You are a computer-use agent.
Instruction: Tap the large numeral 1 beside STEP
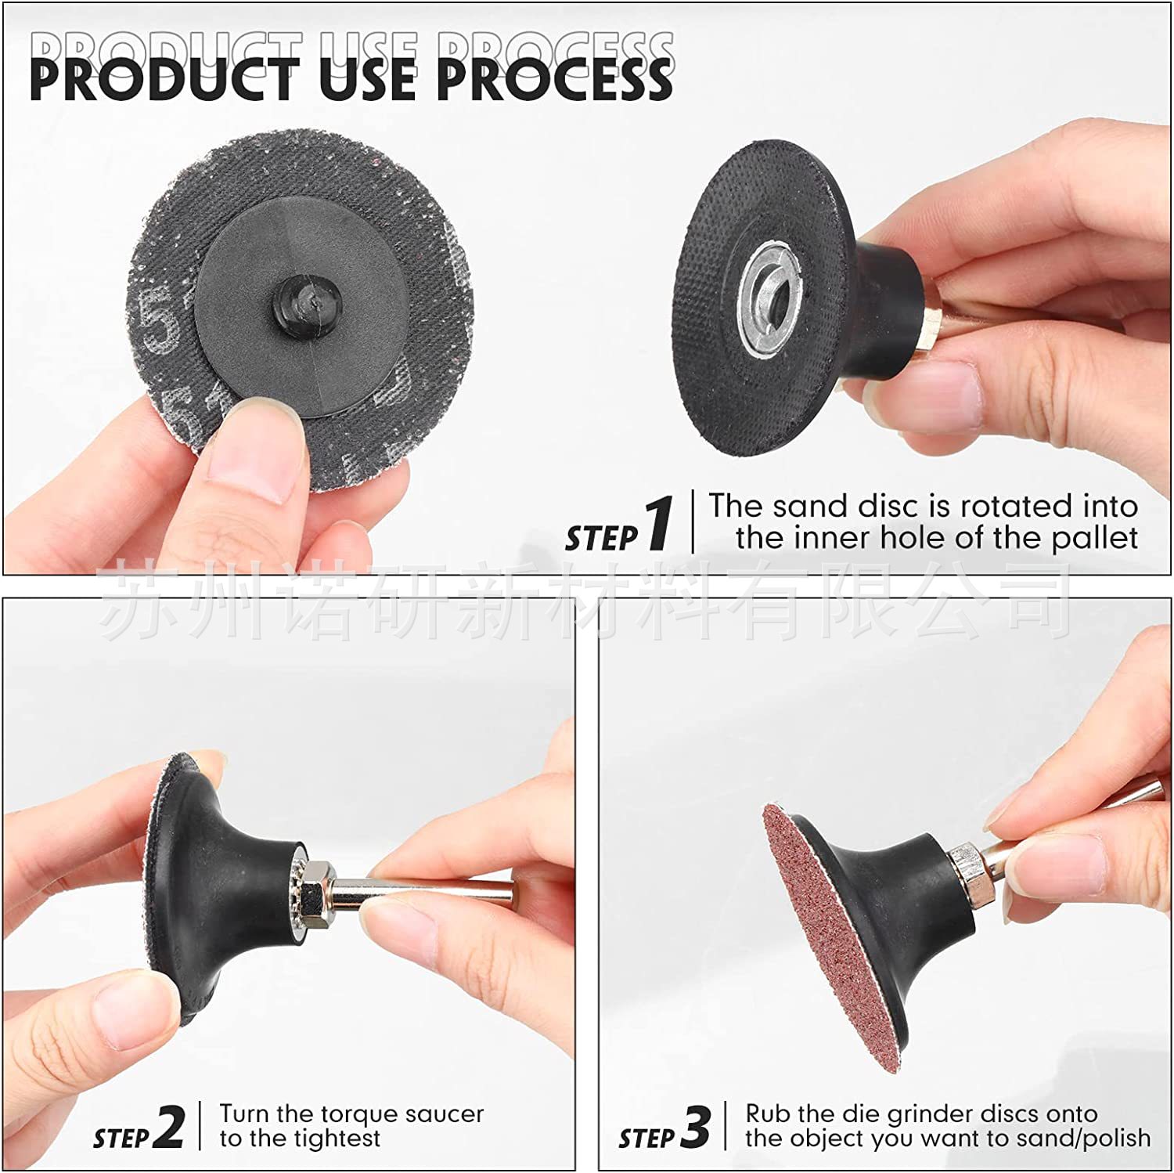pos(660,523)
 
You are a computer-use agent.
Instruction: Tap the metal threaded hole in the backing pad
pos(763,299)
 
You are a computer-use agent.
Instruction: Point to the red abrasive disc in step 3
pos(829,932)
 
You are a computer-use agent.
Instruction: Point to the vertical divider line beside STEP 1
pos(693,522)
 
